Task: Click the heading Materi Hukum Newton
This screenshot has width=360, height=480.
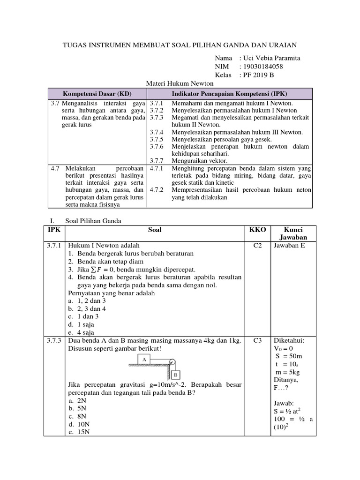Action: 180,83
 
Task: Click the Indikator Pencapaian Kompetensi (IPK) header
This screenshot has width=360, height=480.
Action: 229,93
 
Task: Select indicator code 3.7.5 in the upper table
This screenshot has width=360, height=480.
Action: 156,140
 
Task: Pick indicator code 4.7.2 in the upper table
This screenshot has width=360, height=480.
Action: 156,190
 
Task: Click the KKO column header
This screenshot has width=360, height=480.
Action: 257,230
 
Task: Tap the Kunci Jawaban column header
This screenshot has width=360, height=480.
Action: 293,233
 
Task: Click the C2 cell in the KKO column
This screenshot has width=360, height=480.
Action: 257,246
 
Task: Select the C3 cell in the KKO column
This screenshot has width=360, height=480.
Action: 257,341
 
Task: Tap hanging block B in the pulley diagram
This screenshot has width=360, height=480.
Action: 174,375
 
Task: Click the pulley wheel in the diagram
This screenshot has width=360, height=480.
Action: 172,362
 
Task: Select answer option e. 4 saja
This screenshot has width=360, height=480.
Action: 79,332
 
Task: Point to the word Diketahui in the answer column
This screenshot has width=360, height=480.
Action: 289,341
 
